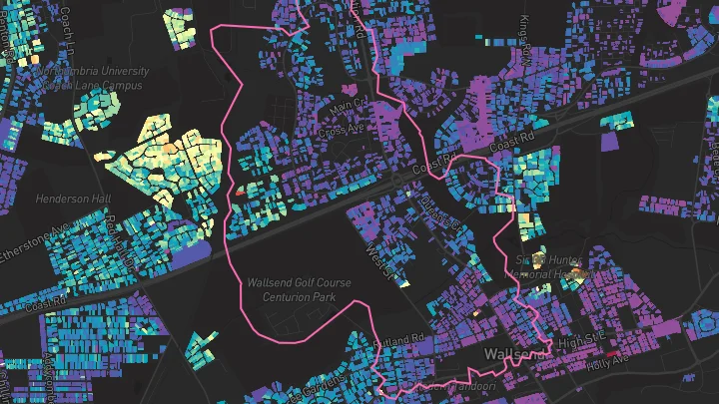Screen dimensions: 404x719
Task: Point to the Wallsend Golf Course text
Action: pyautogui.click(x=299, y=283)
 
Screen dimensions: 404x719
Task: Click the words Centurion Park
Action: pyautogui.click(x=299, y=296)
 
